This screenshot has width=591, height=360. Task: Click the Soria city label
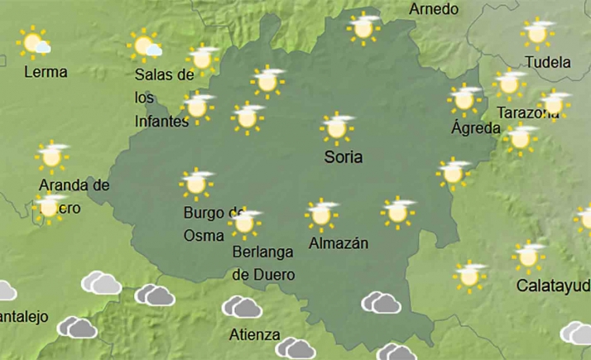344,156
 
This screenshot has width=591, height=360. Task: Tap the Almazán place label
338,243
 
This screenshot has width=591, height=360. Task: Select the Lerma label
46,72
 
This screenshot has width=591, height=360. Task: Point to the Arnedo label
434,9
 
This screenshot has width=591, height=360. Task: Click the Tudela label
548,62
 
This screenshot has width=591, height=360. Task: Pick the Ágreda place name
475,128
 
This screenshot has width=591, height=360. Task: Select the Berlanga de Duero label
263,262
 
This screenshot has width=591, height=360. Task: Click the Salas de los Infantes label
163,98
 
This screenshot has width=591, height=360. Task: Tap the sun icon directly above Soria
337,127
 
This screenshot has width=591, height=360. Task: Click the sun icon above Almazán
321,214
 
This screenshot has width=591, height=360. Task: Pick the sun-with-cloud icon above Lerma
36,42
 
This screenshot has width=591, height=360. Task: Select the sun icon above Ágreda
464,99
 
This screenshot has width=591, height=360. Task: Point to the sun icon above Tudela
537,33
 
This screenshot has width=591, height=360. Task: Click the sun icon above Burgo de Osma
196,184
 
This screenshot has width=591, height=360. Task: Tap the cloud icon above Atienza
242,307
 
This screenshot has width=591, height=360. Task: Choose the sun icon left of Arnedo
363,26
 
